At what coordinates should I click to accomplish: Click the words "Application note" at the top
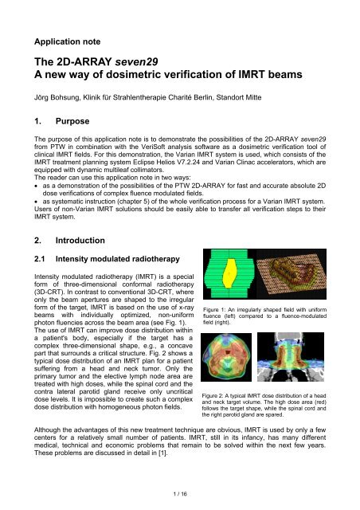click(x=67, y=37)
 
